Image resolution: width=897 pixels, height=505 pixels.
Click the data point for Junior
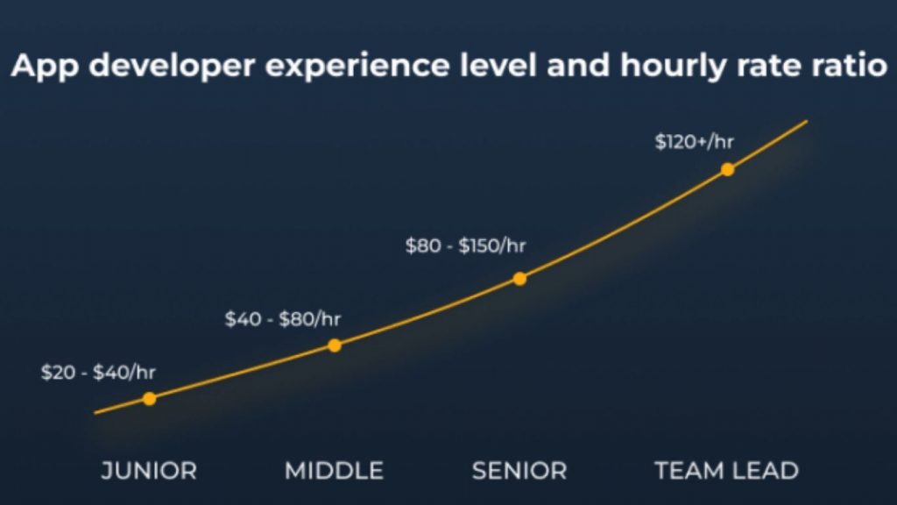[149, 399]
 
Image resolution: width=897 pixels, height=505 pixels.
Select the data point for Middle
[334, 345]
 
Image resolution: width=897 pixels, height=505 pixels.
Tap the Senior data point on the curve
[519, 279]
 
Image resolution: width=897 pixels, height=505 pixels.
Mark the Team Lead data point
[727, 169]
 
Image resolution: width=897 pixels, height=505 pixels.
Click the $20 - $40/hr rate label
[98, 372]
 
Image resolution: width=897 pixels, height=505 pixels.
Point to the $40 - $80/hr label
[282, 319]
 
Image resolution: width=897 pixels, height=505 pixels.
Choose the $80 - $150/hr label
[465, 246]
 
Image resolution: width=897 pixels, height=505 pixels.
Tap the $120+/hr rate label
[695, 142]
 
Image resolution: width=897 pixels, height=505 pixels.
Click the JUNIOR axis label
[149, 471]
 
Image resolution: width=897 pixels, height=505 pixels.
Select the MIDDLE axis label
[334, 471]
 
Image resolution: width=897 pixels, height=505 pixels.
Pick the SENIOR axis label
[519, 471]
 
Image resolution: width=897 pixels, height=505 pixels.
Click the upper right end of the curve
[804, 122]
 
